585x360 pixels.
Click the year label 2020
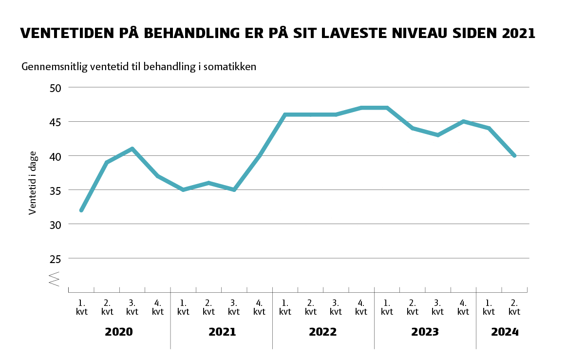pyautogui.click(x=119, y=332)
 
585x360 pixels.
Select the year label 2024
pyautogui.click(x=505, y=332)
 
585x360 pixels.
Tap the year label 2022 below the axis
pyautogui.click(x=322, y=332)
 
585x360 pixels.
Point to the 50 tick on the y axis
pyautogui.click(x=56, y=88)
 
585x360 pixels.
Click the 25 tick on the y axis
pyautogui.click(x=56, y=258)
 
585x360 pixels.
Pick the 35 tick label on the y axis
pyautogui.click(x=56, y=190)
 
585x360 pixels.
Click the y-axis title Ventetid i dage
pyautogui.click(x=33, y=183)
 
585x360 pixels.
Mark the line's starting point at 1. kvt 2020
pyautogui.click(x=81, y=210)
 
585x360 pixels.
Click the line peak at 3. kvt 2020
pyautogui.click(x=132, y=149)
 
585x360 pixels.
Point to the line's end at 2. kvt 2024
pyautogui.click(x=514, y=156)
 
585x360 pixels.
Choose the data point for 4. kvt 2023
pyautogui.click(x=463, y=121)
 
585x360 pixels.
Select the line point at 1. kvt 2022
pyautogui.click(x=285, y=114)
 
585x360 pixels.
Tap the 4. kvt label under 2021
pyautogui.click(x=260, y=307)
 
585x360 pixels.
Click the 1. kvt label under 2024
pyautogui.click(x=489, y=307)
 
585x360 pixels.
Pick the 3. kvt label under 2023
pyautogui.click(x=438, y=307)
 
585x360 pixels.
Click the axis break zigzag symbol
pyautogui.click(x=54, y=279)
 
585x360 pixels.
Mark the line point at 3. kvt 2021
pyautogui.click(x=234, y=189)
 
